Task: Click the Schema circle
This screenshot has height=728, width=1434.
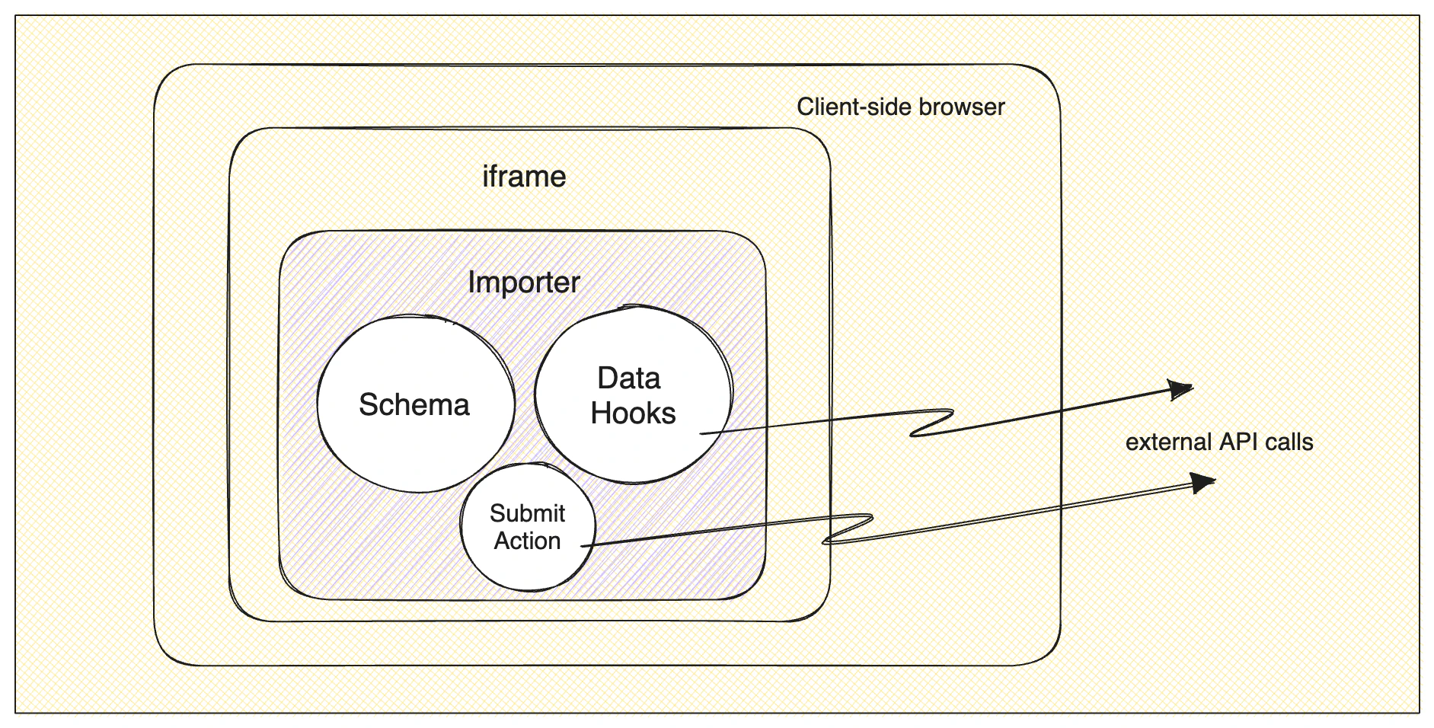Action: [415, 404]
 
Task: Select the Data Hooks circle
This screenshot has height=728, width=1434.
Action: [633, 395]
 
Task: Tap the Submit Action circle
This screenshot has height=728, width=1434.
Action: [527, 527]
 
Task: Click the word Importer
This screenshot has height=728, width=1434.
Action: [524, 283]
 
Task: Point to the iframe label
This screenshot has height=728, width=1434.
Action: [524, 177]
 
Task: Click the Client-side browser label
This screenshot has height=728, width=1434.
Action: [900, 107]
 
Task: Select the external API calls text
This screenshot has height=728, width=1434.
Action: [1218, 442]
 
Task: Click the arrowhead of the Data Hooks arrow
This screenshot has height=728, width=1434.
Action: [1180, 391]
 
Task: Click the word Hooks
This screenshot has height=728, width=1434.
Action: [633, 413]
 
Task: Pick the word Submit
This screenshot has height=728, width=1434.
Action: [527, 513]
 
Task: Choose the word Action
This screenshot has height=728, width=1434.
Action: [527, 541]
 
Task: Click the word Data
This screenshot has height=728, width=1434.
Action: [628, 378]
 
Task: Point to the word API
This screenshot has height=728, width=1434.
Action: [1239, 442]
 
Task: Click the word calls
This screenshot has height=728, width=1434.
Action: [1289, 442]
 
